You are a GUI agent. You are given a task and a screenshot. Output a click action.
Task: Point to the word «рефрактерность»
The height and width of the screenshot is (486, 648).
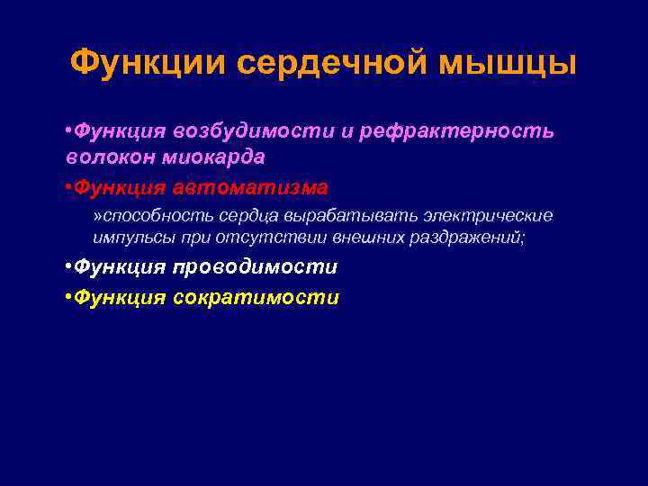pyautogui.click(x=456, y=131)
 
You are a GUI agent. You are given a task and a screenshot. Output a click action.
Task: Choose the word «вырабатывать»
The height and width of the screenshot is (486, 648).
pyautogui.click(x=342, y=216)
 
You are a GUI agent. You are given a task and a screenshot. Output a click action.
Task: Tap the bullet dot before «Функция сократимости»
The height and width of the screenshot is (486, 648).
pyautogui.click(x=68, y=298)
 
